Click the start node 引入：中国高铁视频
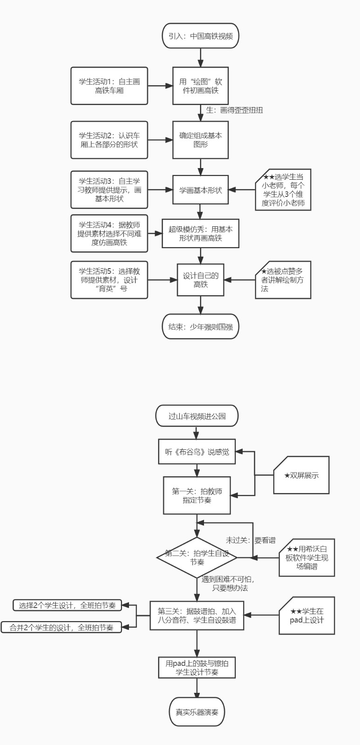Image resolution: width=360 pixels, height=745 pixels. tap(201, 36)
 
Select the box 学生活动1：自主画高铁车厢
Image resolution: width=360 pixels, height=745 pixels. tap(109, 86)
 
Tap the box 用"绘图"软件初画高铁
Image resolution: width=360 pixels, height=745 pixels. tap(201, 86)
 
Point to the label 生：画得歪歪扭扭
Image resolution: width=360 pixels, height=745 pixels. tap(234, 110)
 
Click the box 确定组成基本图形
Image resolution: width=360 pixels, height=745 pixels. tap(201, 140)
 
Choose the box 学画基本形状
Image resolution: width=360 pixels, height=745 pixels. tap(201, 190)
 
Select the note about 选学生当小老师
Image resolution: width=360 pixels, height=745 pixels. tap(283, 190)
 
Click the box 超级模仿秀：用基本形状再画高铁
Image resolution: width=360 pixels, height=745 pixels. tap(201, 233)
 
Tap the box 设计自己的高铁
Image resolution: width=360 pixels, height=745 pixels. tap(201, 280)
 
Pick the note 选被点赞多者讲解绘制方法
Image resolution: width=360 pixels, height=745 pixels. tap(283, 280)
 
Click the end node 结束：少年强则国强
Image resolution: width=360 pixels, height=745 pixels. tap(201, 327)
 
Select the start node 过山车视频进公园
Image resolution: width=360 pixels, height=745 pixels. tap(197, 416)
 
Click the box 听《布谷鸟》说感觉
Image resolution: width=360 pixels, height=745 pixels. tap(197, 452)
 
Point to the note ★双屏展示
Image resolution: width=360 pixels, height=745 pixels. tap(301, 475)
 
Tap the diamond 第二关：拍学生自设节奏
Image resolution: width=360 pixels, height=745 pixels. tap(197, 557)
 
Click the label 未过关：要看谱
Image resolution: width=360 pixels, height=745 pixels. tap(251, 540)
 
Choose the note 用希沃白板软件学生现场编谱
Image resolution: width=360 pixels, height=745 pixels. tap(307, 557)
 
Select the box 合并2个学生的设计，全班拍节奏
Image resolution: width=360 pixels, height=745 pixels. tap(61, 627)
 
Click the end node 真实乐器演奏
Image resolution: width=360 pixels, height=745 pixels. tap(197, 712)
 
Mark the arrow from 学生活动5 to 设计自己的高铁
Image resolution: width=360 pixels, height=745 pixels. tap(162, 280)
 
